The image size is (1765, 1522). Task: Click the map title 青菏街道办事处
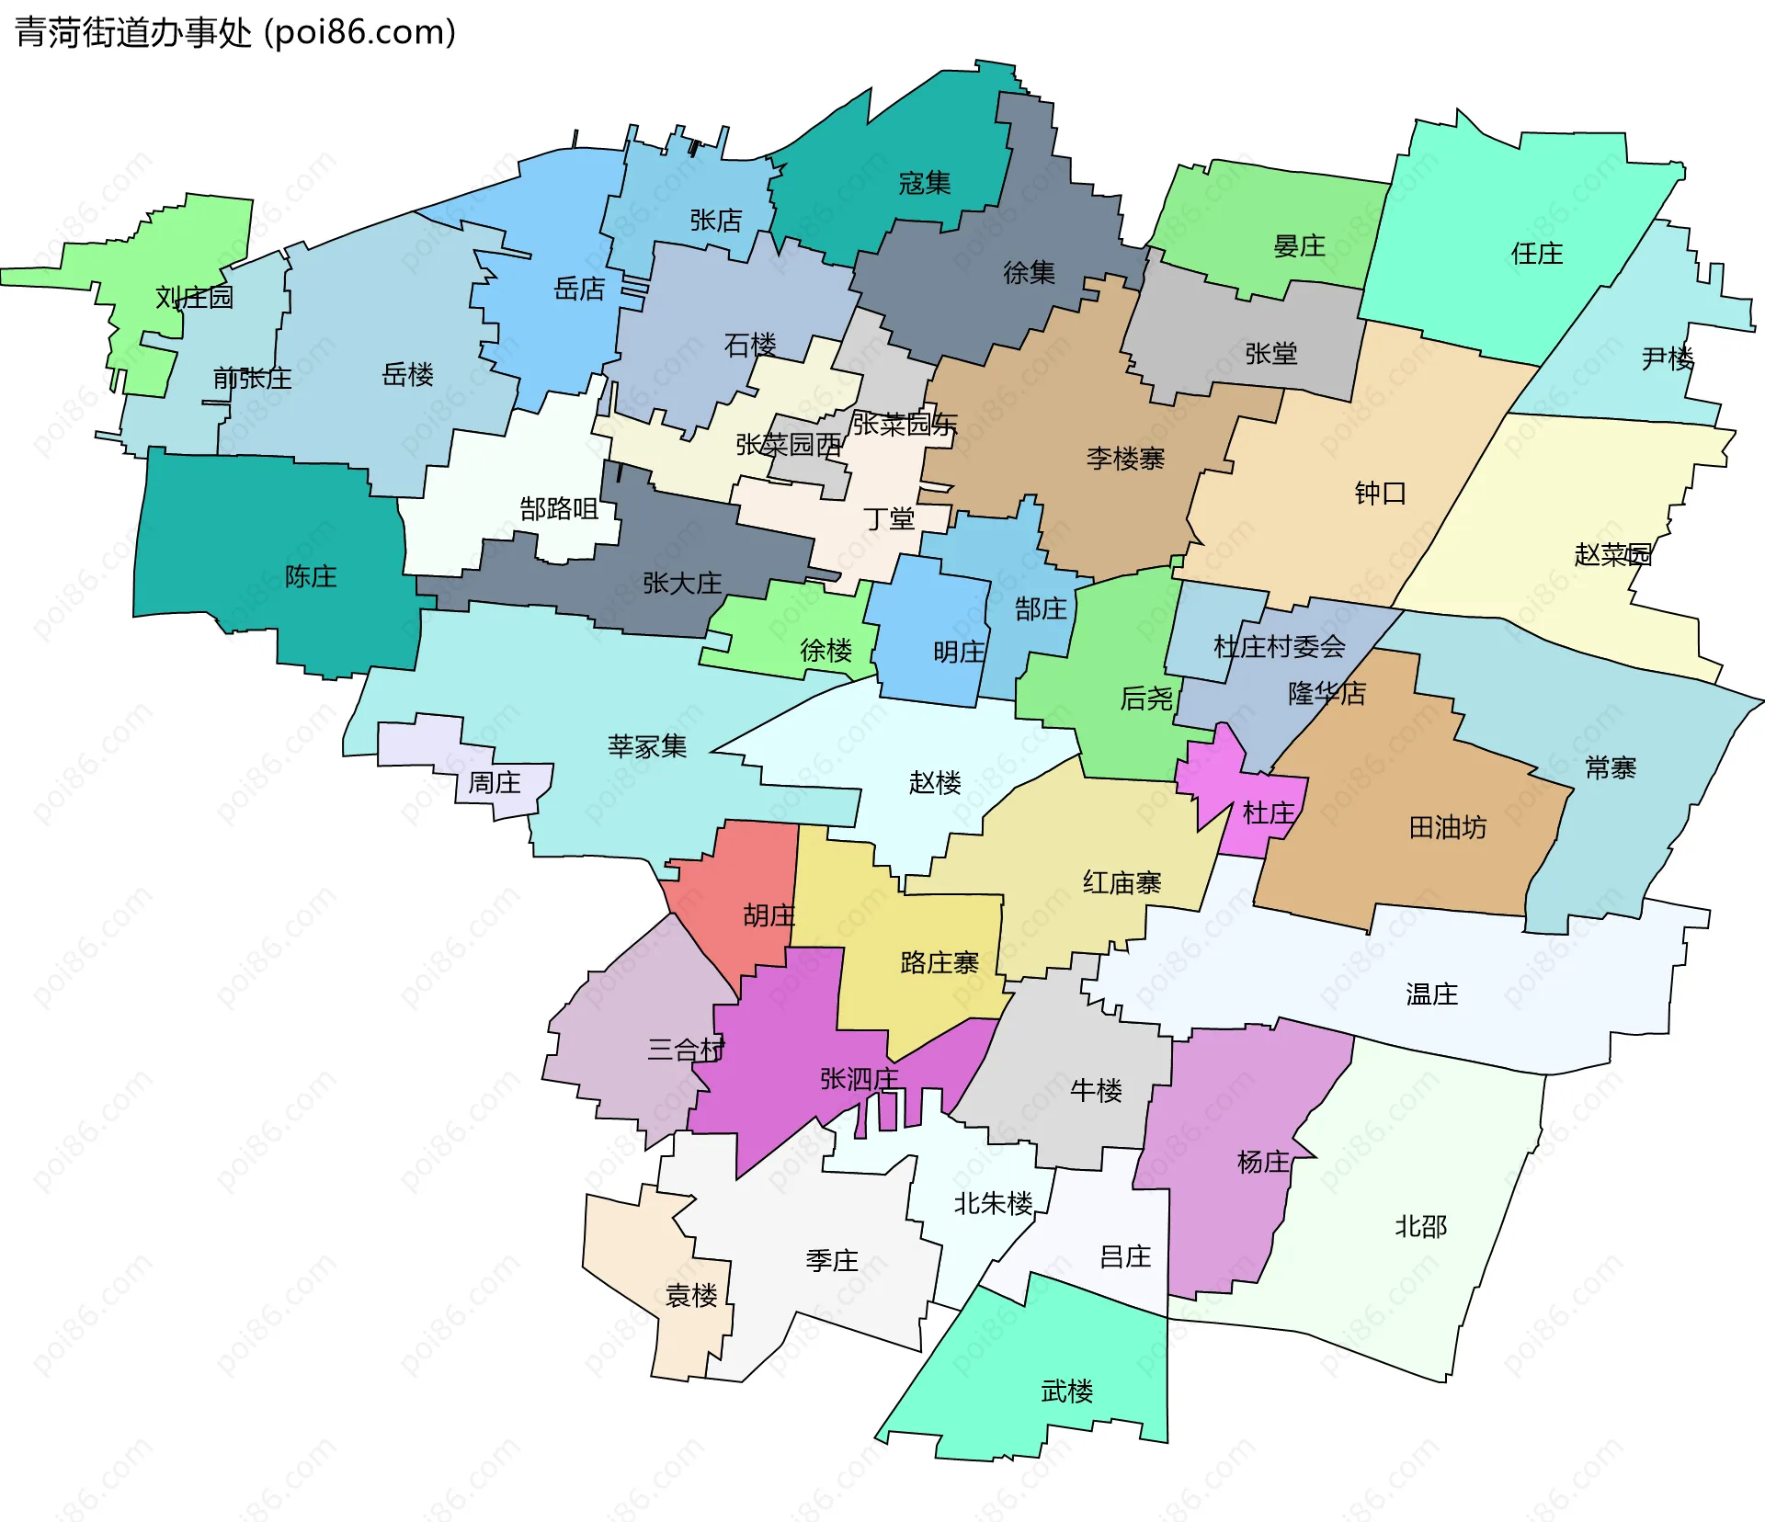133,33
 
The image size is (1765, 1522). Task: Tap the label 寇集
924,183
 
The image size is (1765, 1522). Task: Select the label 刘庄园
194,298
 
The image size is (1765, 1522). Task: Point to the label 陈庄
311,576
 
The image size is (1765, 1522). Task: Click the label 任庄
1536,254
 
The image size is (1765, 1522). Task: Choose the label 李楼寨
1125,458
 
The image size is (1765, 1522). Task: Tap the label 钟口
1380,494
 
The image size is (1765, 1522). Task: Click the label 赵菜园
1612,554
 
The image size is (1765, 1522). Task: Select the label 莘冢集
647,746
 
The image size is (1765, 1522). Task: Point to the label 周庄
495,783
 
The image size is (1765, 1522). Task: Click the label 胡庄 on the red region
769,915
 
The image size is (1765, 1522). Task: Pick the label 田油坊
1447,828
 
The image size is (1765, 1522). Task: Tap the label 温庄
1431,994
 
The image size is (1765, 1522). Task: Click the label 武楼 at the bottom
1066,1391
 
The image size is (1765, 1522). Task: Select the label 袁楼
691,1296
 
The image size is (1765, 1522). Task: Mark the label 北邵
1420,1226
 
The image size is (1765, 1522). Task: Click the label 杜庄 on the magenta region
1268,812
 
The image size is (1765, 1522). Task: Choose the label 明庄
959,652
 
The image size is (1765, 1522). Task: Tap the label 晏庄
1299,246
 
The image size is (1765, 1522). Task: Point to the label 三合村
686,1050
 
